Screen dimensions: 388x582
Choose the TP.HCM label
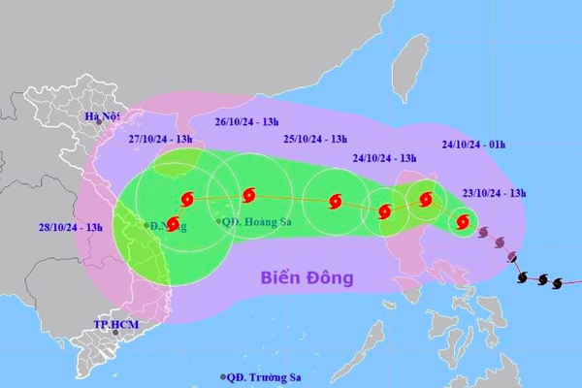tap(111, 324)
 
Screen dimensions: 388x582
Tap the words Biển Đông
tap(307, 278)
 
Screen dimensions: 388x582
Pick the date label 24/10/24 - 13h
tap(385, 158)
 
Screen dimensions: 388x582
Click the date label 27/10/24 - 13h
tap(162, 139)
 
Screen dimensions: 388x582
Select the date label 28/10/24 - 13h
tap(71, 227)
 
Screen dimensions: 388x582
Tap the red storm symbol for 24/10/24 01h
tap(425, 201)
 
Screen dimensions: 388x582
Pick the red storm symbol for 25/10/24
tap(336, 202)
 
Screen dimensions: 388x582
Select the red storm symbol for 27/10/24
tap(186, 199)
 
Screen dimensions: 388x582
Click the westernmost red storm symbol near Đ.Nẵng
tap(173, 225)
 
